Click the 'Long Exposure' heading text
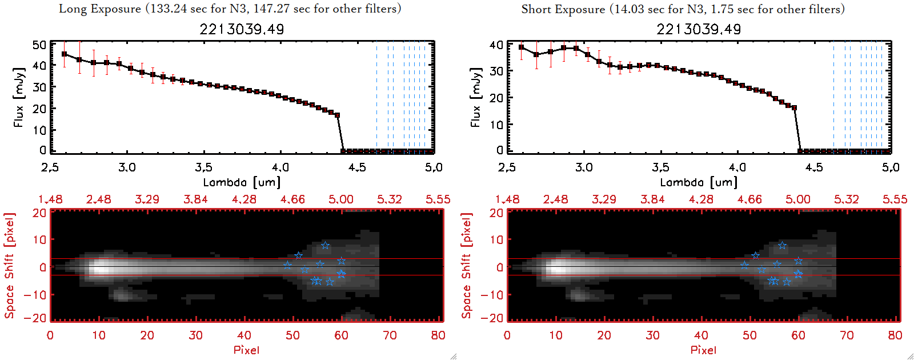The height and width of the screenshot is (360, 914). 100,9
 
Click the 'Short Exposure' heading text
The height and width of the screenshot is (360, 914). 563,9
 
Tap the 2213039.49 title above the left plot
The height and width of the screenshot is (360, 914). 242,29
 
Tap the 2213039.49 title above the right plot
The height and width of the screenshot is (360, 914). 699,29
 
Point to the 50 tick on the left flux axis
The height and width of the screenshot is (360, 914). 39,45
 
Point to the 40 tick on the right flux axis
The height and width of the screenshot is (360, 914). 496,45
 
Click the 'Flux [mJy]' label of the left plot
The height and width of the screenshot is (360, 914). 19,98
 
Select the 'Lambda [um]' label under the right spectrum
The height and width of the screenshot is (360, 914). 699,182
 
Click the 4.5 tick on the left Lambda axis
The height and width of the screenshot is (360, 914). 357,167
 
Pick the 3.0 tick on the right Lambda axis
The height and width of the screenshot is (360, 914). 584,167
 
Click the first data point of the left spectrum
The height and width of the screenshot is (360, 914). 64,54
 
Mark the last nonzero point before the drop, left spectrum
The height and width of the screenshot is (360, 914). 338,115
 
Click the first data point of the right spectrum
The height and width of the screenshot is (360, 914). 521,47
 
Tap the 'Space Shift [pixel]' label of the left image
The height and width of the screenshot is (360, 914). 9,266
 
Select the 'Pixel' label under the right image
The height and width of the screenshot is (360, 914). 703,350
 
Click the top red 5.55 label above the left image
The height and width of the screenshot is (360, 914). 438,199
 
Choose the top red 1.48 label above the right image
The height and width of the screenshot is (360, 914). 507,199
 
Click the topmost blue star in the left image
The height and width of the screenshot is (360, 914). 325,246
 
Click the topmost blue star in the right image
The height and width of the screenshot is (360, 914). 782,246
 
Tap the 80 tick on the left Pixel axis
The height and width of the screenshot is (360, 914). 438,335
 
